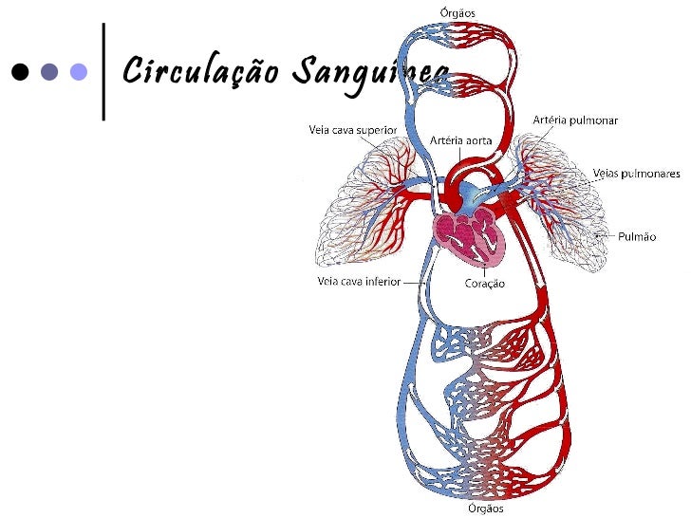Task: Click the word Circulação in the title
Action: click(x=200, y=71)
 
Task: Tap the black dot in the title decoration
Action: click(x=20, y=71)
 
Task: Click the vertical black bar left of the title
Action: click(x=103, y=71)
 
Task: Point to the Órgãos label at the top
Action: click(x=458, y=12)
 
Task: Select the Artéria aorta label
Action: click(x=461, y=140)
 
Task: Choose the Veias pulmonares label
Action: click(x=636, y=173)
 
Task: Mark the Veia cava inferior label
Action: click(x=357, y=281)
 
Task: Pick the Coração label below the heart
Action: click(x=484, y=283)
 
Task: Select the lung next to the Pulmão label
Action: click(x=560, y=204)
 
